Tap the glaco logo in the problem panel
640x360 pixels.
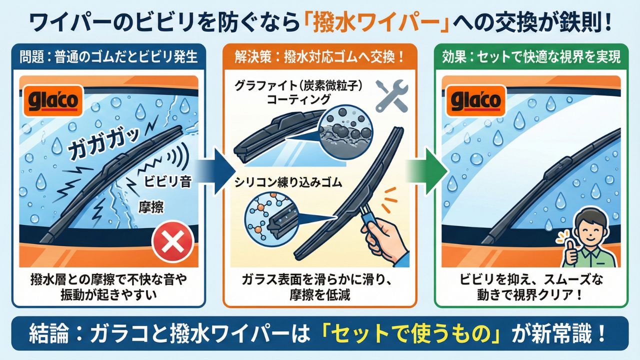coord(53,101)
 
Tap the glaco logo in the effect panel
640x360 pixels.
coord(476,101)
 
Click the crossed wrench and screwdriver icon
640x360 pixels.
coord(391,95)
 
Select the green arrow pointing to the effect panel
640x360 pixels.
coord(426,171)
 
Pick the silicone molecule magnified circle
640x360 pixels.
coord(271,219)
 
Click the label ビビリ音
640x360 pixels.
coord(167,181)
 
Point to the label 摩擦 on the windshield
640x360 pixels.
coord(151,207)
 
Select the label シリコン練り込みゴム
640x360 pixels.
coord(288,182)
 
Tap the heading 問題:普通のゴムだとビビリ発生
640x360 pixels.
coord(108,57)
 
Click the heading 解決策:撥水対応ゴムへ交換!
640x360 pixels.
coord(319,57)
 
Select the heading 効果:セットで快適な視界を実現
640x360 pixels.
coord(531,57)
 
